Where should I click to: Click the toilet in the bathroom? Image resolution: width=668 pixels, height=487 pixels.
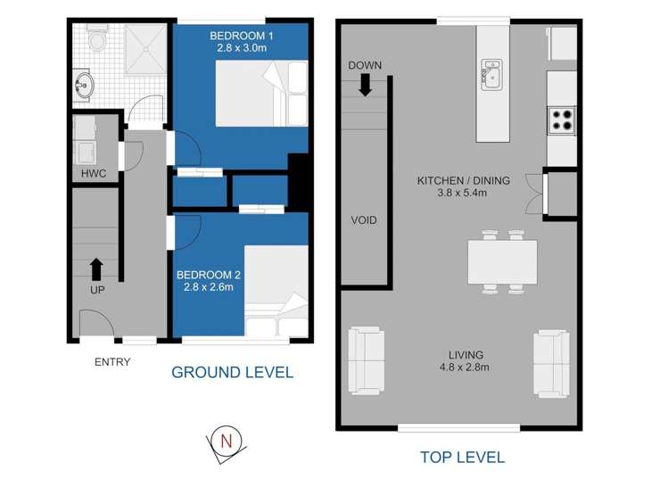97,37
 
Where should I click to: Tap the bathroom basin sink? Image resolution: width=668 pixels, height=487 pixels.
83,86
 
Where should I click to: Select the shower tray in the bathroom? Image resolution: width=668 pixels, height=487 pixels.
145,49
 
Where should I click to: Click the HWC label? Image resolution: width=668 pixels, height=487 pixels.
94,173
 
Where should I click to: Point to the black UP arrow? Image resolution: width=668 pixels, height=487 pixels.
96,268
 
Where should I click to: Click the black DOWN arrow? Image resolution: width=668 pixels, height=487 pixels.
365,86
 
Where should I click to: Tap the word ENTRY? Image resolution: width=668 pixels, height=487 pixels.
112,362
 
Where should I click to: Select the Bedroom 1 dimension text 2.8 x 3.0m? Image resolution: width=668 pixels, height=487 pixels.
242,48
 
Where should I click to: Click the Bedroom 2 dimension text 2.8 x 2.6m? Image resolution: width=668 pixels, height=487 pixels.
209,287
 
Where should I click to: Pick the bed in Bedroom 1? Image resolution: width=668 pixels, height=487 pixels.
261,94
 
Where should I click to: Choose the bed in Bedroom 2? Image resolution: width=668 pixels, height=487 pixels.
276,291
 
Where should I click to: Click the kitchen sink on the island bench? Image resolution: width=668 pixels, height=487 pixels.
491,75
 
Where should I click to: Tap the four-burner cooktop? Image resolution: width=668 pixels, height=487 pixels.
562,120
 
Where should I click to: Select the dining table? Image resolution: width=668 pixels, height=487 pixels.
502,262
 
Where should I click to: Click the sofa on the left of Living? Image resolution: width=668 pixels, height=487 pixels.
367,360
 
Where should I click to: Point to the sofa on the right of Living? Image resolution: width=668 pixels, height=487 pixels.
551,363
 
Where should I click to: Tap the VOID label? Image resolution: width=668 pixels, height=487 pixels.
364,220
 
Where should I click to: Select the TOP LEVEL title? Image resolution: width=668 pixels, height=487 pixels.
463,458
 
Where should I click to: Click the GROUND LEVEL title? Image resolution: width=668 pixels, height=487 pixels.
232,373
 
